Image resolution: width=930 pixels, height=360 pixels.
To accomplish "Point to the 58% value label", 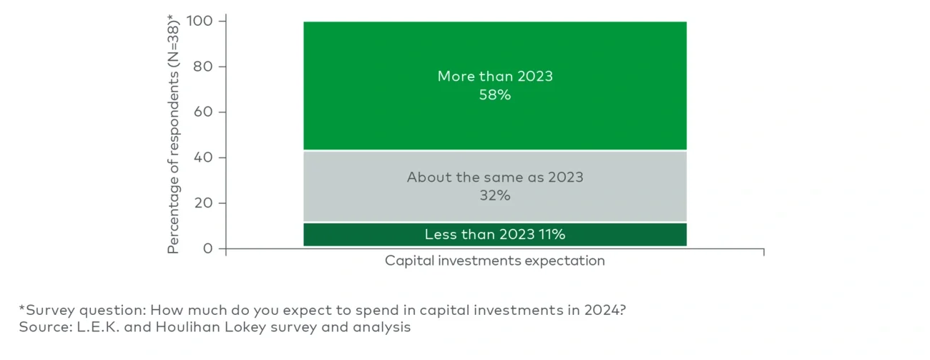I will [x=494, y=94].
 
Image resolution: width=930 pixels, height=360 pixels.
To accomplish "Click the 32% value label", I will [x=494, y=195].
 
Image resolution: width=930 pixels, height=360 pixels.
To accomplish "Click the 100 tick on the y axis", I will [x=200, y=21].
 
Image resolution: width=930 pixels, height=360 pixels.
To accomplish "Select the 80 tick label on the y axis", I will [x=205, y=67].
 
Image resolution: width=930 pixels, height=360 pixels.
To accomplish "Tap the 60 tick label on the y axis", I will [x=205, y=112].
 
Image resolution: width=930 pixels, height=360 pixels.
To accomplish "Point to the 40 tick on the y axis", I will [x=205, y=157].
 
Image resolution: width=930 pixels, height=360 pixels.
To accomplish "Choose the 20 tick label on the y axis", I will [x=205, y=203].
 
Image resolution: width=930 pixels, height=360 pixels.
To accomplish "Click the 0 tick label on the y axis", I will [x=209, y=248].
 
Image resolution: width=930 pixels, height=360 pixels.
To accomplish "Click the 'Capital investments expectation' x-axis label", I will [x=494, y=261].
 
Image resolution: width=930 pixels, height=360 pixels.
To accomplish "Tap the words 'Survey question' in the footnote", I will [x=68, y=310].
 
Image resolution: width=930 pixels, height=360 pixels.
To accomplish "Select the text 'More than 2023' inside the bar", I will [x=494, y=77].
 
